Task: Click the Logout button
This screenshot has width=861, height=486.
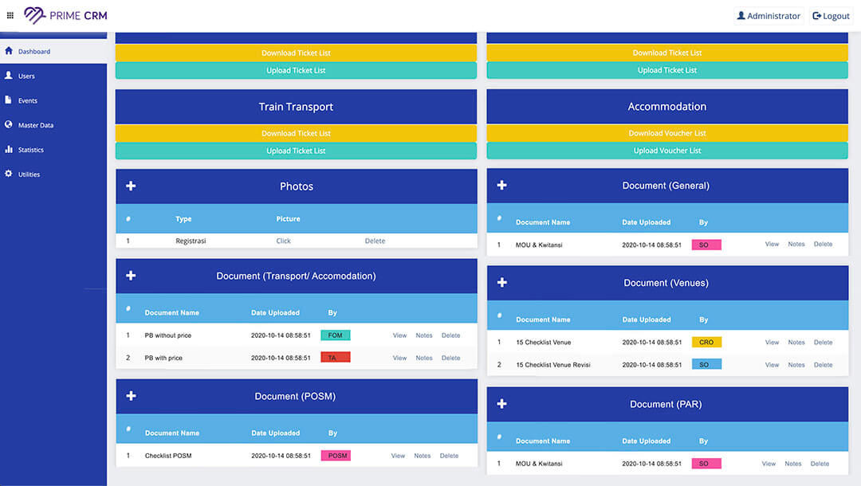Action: pyautogui.click(x=831, y=16)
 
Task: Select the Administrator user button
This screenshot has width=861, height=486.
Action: pyautogui.click(x=769, y=16)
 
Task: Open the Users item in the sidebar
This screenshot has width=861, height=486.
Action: pyautogui.click(x=26, y=76)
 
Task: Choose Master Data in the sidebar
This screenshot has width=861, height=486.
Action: pyautogui.click(x=36, y=125)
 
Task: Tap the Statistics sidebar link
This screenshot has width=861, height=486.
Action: pyautogui.click(x=31, y=150)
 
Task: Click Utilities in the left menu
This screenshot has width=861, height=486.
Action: pyautogui.click(x=29, y=174)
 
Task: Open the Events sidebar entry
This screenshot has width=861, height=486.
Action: pyautogui.click(x=28, y=101)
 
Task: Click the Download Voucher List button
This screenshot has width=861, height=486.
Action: pyautogui.click(x=667, y=133)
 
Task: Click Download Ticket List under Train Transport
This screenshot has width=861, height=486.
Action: pyautogui.click(x=296, y=133)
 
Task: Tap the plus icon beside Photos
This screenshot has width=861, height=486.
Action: pyautogui.click(x=131, y=186)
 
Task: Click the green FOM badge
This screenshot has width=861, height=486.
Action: pyautogui.click(x=336, y=335)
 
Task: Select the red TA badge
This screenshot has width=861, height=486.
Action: pyautogui.click(x=336, y=358)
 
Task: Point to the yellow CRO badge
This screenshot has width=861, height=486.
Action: pyautogui.click(x=706, y=343)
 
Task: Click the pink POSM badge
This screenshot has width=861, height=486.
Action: pyautogui.click(x=336, y=456)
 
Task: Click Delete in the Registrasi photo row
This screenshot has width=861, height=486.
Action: pyautogui.click(x=375, y=241)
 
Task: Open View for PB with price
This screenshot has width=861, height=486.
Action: pyautogui.click(x=399, y=358)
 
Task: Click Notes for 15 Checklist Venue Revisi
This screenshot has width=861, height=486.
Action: pyautogui.click(x=796, y=365)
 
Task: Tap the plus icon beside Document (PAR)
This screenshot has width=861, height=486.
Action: pyautogui.click(x=501, y=404)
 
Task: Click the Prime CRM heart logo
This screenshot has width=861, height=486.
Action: pyautogui.click(x=35, y=15)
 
